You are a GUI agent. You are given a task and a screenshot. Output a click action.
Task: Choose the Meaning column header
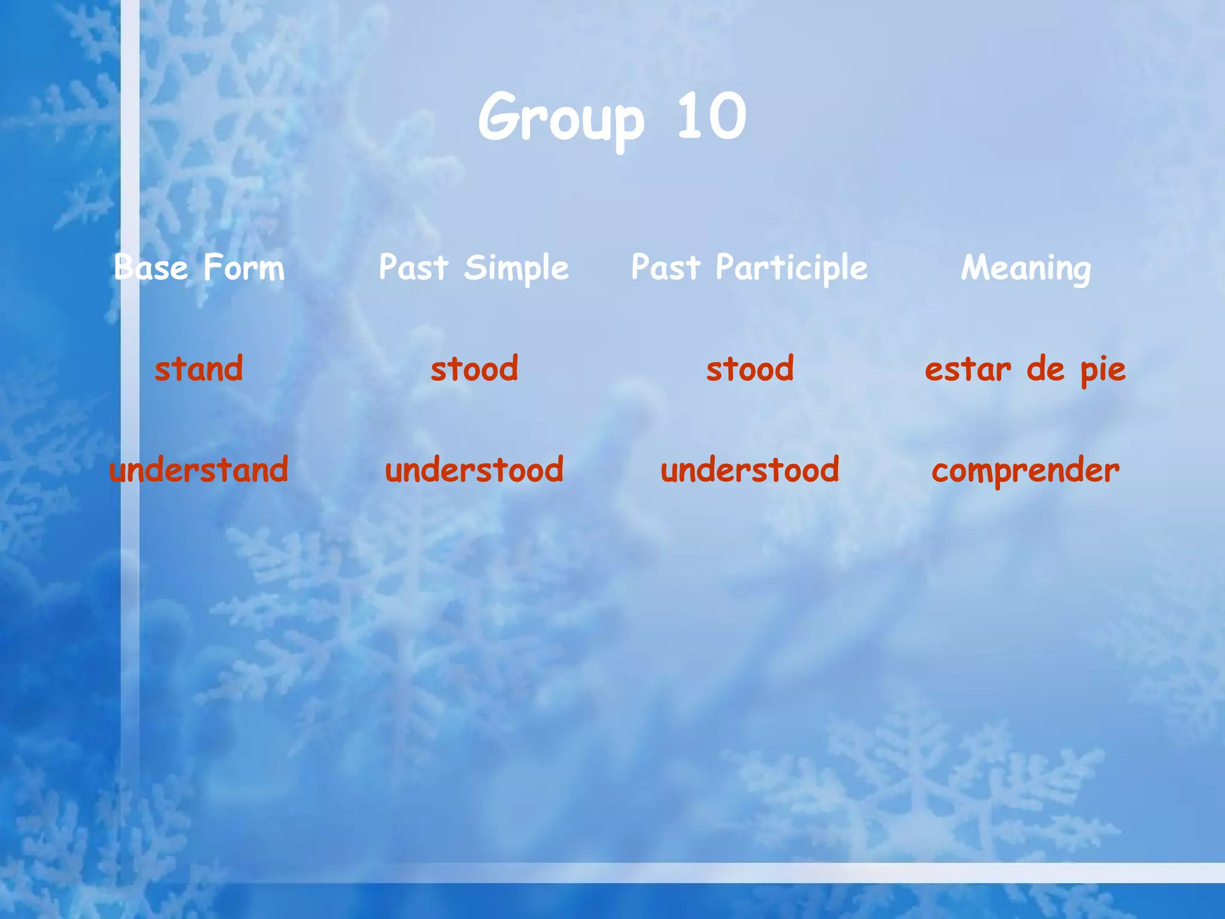pos(1026,269)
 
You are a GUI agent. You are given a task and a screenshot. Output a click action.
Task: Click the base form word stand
pos(199,369)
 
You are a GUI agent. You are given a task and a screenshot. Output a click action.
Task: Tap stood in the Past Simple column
pos(474,369)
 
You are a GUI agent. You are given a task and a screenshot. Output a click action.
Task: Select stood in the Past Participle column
pos(750,369)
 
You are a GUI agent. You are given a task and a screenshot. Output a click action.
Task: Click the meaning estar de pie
pos(1025,370)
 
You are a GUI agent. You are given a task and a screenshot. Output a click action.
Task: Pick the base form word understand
pos(199,470)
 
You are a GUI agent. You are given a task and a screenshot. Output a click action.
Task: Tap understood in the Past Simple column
pos(474,470)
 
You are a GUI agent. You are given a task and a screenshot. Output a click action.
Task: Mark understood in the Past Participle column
pos(750,470)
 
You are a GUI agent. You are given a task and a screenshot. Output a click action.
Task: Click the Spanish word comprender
pos(1025,471)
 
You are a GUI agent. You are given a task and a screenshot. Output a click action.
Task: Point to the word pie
pos(1103,371)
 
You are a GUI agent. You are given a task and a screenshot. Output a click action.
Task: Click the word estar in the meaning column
pos(968,370)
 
